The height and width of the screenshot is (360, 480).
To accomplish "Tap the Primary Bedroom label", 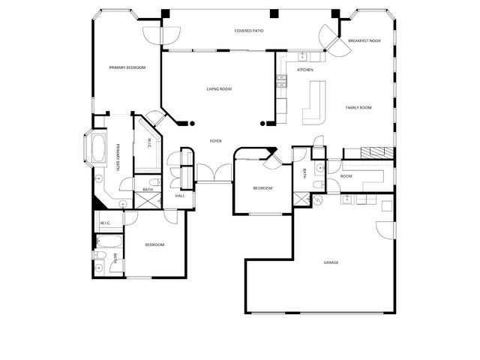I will [x=127, y=67].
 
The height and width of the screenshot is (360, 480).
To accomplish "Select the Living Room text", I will [x=219, y=89].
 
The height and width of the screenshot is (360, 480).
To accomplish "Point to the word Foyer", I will [x=215, y=140].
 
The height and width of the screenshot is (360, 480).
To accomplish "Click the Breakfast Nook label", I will [x=364, y=40].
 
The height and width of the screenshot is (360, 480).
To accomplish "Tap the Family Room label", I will [x=358, y=107].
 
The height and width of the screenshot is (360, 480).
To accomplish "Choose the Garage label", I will [x=331, y=262].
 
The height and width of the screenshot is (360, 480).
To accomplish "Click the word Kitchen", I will [x=304, y=70].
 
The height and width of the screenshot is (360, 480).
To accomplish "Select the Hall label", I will [x=180, y=196].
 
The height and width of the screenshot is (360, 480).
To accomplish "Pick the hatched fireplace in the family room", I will [x=376, y=153].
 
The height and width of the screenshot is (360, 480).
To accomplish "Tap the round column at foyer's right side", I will [x=262, y=123].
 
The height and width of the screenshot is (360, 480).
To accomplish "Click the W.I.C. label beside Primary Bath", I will [x=149, y=142].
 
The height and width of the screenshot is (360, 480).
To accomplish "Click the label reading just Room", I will [x=346, y=176].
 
